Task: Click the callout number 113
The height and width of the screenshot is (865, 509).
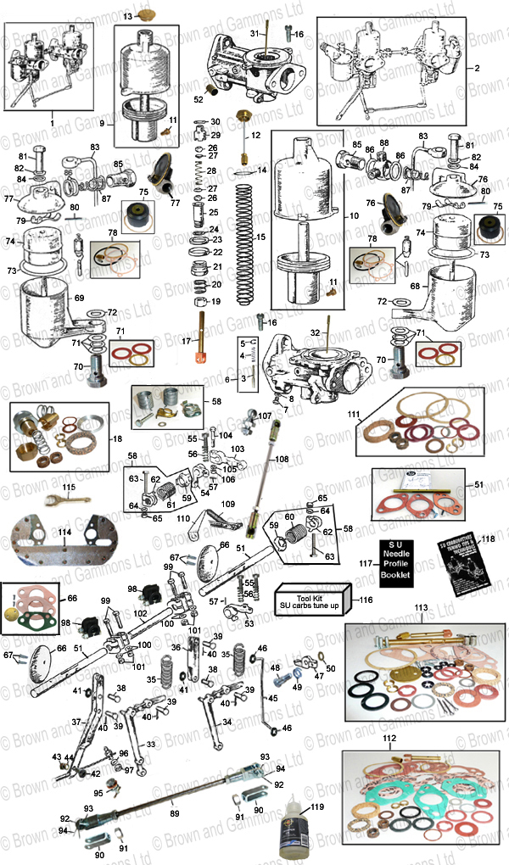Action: (x=422, y=608)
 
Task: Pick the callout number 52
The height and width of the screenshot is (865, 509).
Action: (x=199, y=99)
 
